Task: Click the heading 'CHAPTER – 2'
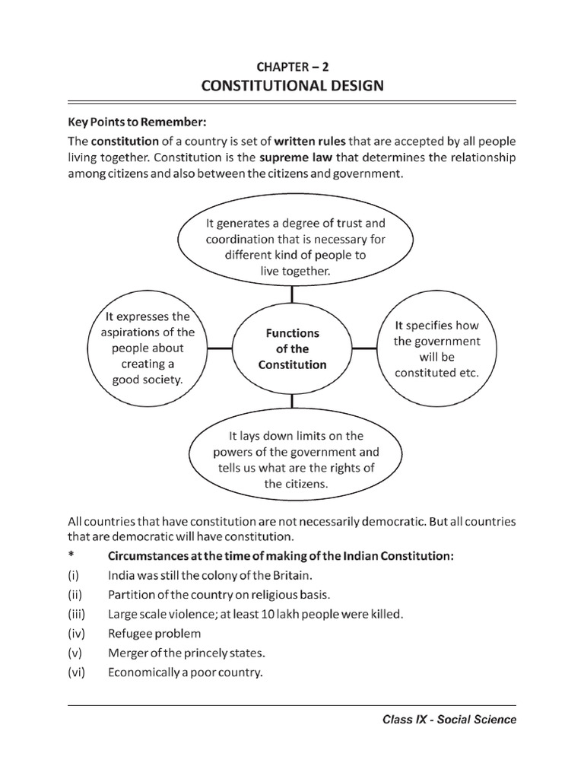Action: pos(292,65)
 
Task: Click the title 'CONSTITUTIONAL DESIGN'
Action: pos(292,86)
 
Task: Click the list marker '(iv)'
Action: pos(78,633)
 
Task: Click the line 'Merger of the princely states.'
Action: pos(186,653)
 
